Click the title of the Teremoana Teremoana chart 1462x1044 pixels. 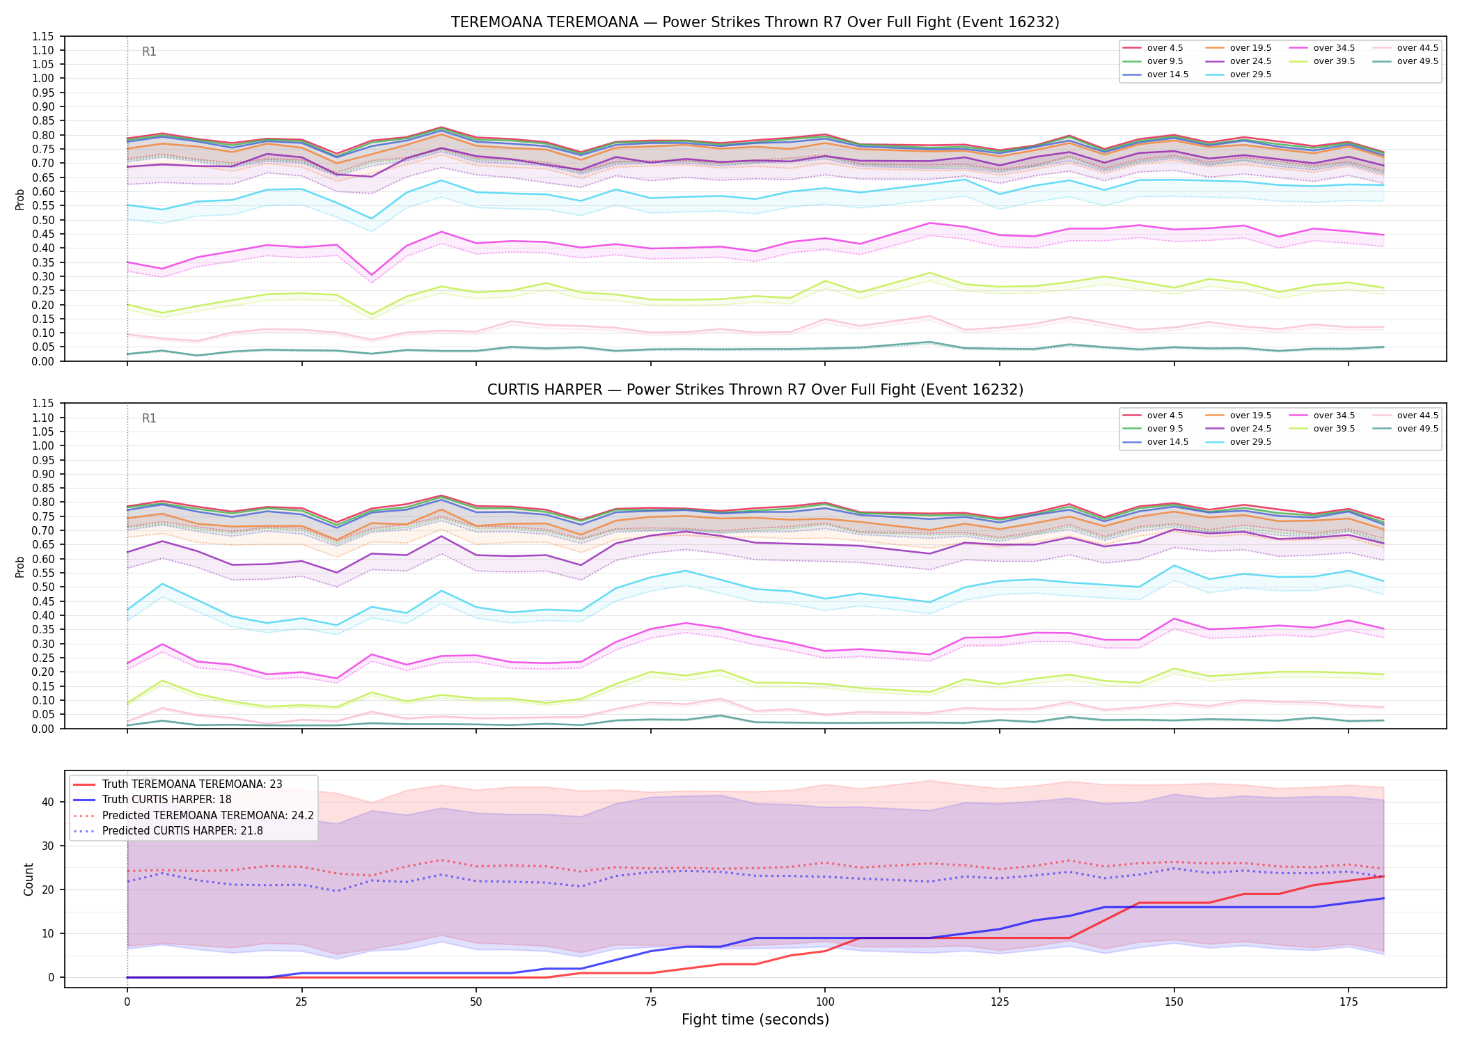coord(755,22)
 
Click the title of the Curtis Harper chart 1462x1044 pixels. coord(755,390)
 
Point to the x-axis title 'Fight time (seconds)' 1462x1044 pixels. coord(755,1020)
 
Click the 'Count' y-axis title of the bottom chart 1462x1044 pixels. coord(29,879)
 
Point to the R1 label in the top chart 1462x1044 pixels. coord(149,52)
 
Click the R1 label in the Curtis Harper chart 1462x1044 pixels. coord(149,418)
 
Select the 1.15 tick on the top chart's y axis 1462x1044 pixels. coord(43,36)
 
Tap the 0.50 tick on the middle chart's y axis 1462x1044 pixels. coord(43,587)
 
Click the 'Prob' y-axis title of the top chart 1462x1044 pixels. coord(20,199)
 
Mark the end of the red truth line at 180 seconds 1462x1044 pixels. coord(1383,876)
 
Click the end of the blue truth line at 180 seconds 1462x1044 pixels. coord(1383,899)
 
